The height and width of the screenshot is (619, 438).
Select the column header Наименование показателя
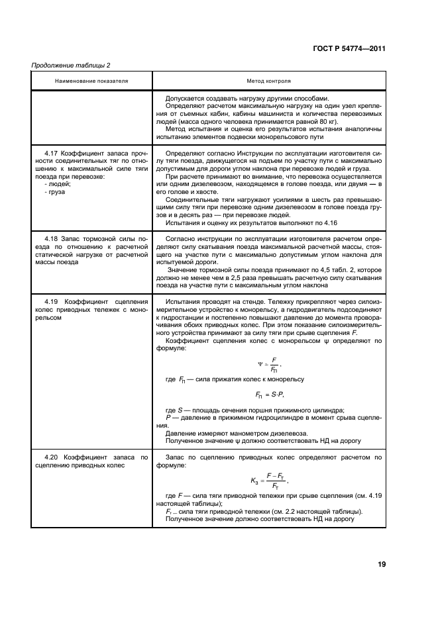91,81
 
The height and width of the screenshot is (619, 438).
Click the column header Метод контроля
268,81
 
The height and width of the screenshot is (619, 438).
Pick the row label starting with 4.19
91,307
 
